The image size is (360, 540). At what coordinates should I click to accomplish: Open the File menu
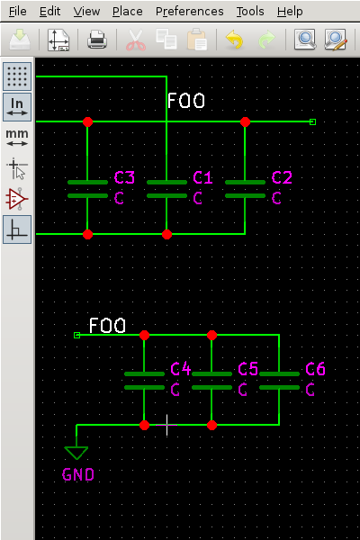pyautogui.click(x=18, y=12)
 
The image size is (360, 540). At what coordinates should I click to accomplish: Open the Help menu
pyautogui.click(x=290, y=12)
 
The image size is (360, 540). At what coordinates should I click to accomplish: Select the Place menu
pyautogui.click(x=127, y=12)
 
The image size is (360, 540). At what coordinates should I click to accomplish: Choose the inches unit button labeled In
pyautogui.click(x=17, y=106)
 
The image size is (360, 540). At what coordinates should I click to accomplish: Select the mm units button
pyautogui.click(x=17, y=137)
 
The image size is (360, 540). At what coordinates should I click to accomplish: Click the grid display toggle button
pyautogui.click(x=17, y=76)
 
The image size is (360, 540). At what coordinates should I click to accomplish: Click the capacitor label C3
pyautogui.click(x=124, y=177)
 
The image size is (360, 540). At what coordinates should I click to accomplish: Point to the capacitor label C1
pyautogui.click(x=203, y=177)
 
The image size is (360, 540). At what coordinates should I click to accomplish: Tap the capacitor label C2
pyautogui.click(x=282, y=177)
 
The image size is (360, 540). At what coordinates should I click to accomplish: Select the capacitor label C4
pyautogui.click(x=181, y=369)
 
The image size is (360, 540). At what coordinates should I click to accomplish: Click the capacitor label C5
pyautogui.click(x=248, y=369)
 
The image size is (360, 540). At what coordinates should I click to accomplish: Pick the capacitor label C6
pyautogui.click(x=316, y=369)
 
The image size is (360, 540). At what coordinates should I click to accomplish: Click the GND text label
pyautogui.click(x=78, y=474)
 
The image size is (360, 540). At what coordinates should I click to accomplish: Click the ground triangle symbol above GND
pyautogui.click(x=76, y=453)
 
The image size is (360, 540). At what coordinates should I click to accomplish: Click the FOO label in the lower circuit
pyautogui.click(x=107, y=325)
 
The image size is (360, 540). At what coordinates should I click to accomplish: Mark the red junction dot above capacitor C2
pyautogui.click(x=245, y=121)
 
